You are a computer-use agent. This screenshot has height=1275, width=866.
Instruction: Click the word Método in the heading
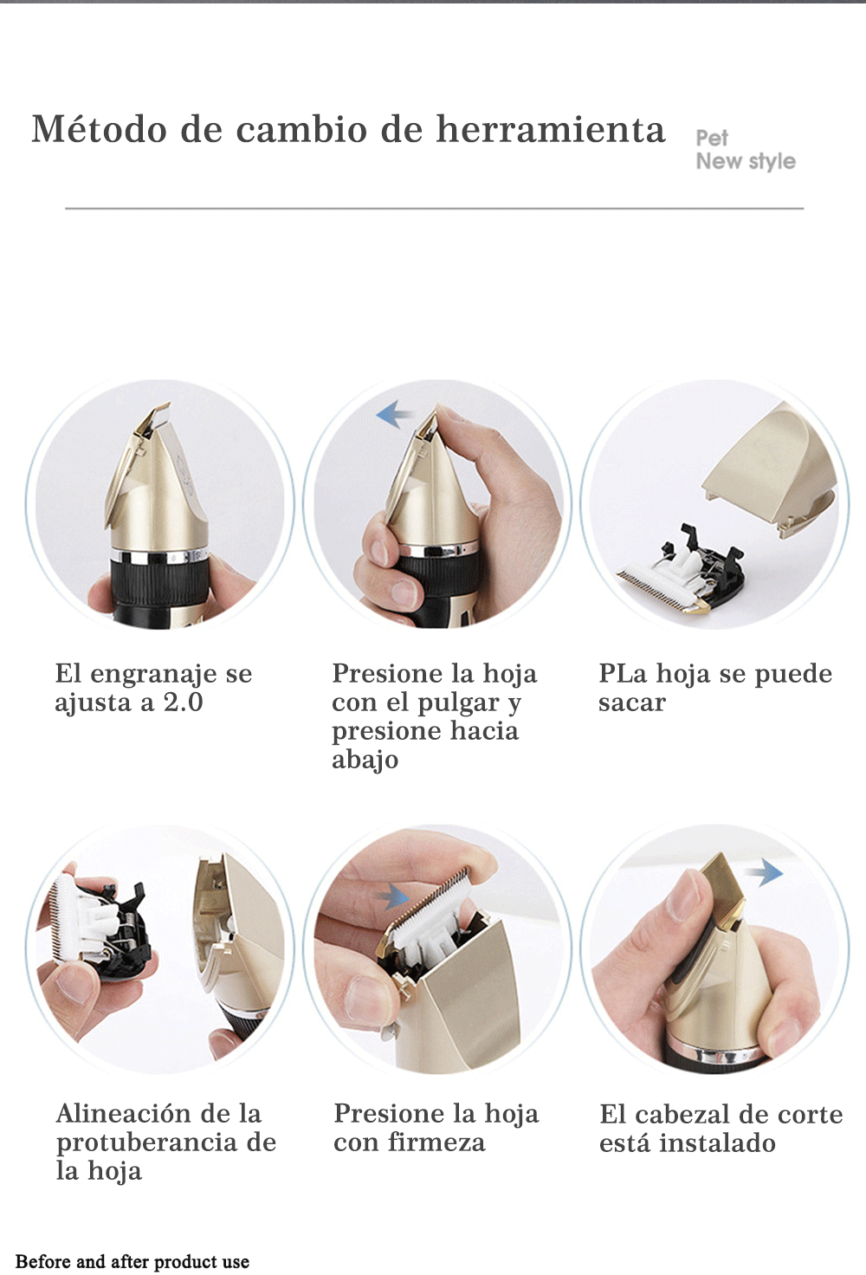99,129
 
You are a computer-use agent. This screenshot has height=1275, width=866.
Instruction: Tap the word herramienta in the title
550,129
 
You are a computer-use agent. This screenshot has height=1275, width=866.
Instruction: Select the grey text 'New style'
746,162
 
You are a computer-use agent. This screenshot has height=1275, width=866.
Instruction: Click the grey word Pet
712,138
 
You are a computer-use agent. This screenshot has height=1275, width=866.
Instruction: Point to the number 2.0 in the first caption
184,702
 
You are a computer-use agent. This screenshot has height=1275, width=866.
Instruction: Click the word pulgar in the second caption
458,703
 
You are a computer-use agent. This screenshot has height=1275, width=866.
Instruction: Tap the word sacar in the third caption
631,703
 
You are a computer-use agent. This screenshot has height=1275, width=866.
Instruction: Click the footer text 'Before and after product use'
132,1262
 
